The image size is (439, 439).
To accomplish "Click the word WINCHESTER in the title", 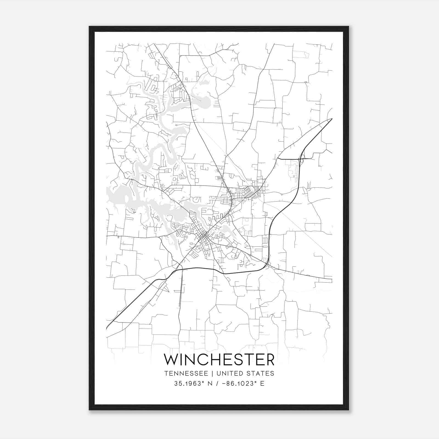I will (x=219, y=360).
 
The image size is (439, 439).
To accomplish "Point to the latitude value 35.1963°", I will (x=190, y=384).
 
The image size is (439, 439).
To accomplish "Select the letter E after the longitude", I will (x=262, y=384).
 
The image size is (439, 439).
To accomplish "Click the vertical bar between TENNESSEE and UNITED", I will (x=212, y=373).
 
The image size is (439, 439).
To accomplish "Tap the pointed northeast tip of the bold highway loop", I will (x=331, y=119).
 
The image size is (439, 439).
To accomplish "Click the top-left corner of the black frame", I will (x=89, y=27).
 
